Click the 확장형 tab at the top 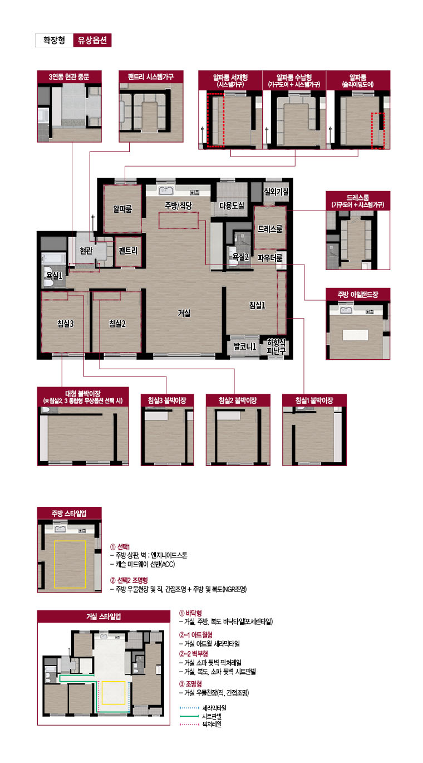click(x=54, y=40)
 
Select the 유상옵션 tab click(x=92, y=40)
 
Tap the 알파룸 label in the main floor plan click(x=122, y=209)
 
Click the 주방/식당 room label click(x=178, y=206)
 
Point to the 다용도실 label click(x=232, y=206)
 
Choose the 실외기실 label click(x=276, y=192)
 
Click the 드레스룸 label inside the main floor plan click(x=270, y=229)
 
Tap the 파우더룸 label click(x=270, y=258)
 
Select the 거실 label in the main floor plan click(x=184, y=313)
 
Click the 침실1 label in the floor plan click(x=257, y=305)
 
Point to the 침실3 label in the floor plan click(x=65, y=324)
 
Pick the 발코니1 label click(x=245, y=346)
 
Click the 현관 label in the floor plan click(x=86, y=251)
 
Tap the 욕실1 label click(x=55, y=276)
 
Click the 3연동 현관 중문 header click(x=69, y=77)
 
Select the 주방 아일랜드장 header click(x=358, y=294)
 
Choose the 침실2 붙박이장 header click(x=238, y=400)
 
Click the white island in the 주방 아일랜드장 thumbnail click(x=355, y=335)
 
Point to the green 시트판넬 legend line click(x=189, y=716)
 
